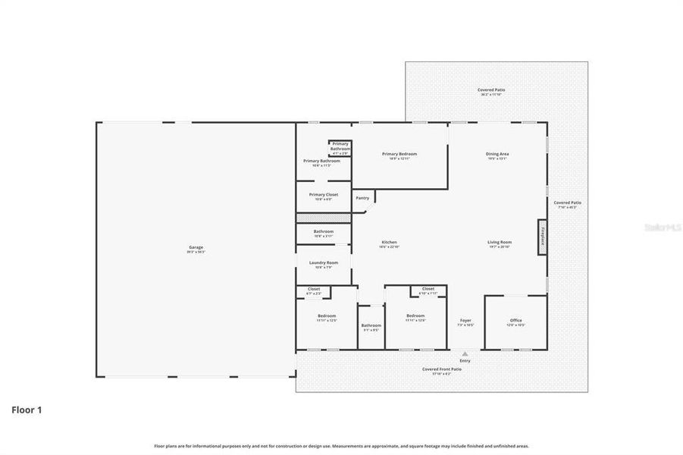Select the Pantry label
point(362,198)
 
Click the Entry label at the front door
point(465,360)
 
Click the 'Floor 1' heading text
point(27,410)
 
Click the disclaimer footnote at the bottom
point(341,446)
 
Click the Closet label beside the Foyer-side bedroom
point(428,290)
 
